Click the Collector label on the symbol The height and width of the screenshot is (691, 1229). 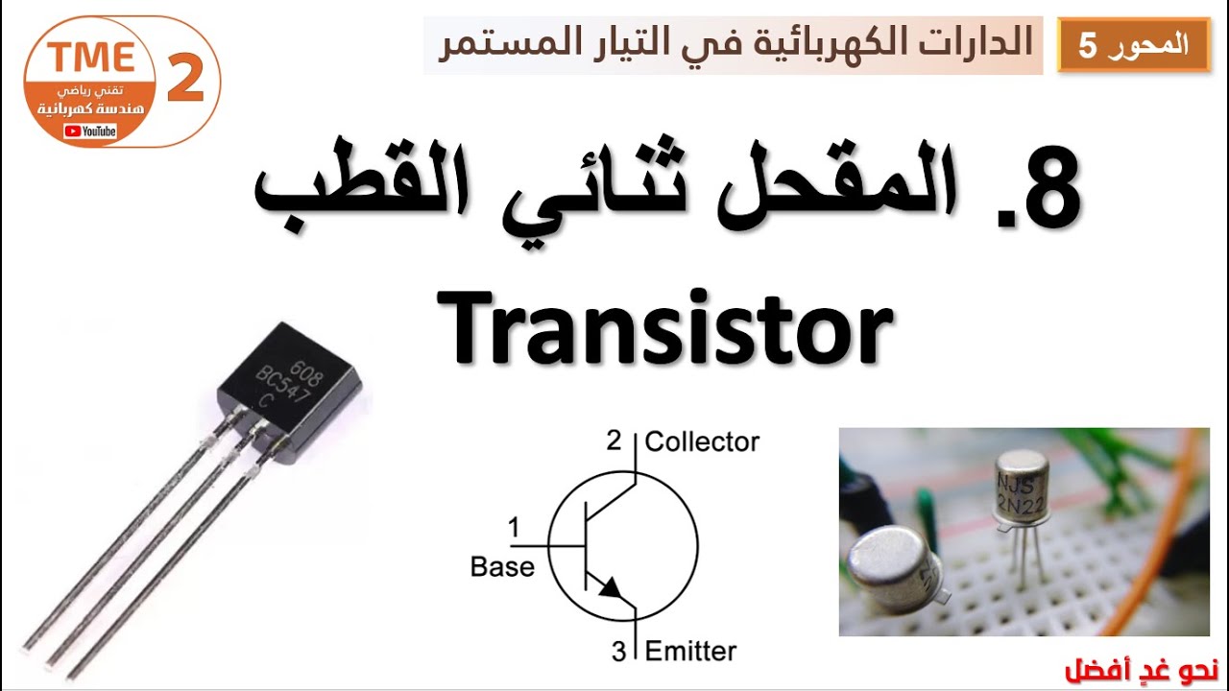coord(702,441)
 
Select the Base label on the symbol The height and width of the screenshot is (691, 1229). coord(502,567)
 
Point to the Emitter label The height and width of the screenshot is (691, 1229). coord(690,651)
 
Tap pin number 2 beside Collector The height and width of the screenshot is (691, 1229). coord(614,441)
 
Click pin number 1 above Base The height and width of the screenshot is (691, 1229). coord(514,527)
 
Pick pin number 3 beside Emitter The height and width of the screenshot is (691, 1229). coord(619,652)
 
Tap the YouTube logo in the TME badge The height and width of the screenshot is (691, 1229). coord(90,131)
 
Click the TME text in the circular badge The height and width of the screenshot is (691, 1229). coord(92,58)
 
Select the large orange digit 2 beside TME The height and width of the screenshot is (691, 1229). coord(186,81)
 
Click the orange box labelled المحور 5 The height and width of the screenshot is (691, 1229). coord(1134,45)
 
